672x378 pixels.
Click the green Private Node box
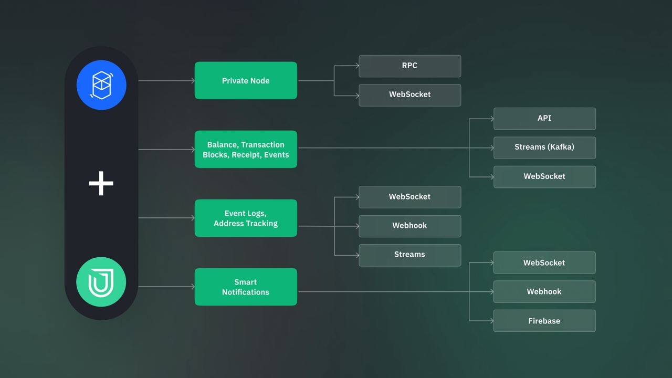click(x=246, y=80)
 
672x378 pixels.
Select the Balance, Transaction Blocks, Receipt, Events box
click(x=246, y=150)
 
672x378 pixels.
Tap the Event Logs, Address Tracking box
click(x=246, y=218)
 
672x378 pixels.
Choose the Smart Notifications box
click(x=246, y=287)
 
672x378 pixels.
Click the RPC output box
click(x=409, y=66)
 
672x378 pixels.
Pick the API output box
click(x=544, y=118)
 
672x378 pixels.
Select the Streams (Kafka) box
click(x=544, y=148)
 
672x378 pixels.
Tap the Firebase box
click(x=544, y=321)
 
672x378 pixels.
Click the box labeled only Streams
click(x=409, y=255)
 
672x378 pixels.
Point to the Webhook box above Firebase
click(x=544, y=291)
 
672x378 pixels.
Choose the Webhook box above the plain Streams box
click(x=409, y=226)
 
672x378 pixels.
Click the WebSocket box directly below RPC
click(x=409, y=94)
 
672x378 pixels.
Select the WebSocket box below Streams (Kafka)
click(x=544, y=176)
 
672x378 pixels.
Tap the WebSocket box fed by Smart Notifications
click(x=544, y=262)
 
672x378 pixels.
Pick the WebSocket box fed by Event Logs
click(x=409, y=197)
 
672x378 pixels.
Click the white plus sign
click(x=101, y=184)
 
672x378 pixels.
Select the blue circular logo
click(x=101, y=85)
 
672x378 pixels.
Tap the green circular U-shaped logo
click(x=101, y=282)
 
